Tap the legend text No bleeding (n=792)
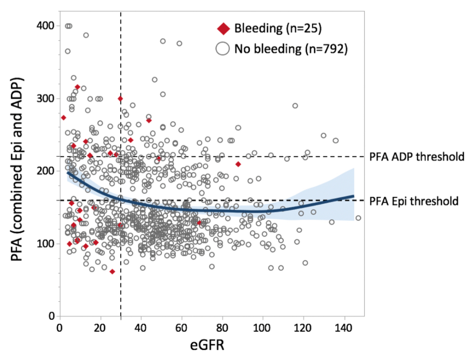pyautogui.click(x=291, y=49)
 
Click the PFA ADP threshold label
pyautogui.click(x=416, y=156)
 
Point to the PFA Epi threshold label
pyautogui.click(x=414, y=201)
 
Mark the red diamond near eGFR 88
pyautogui.click(x=238, y=164)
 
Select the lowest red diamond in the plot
pyautogui.click(x=112, y=271)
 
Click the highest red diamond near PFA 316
pyautogui.click(x=77, y=87)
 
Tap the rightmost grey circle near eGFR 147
pyautogui.click(x=358, y=218)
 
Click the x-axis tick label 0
pyautogui.click(x=59, y=329)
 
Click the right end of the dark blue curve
pyautogui.click(x=354, y=196)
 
